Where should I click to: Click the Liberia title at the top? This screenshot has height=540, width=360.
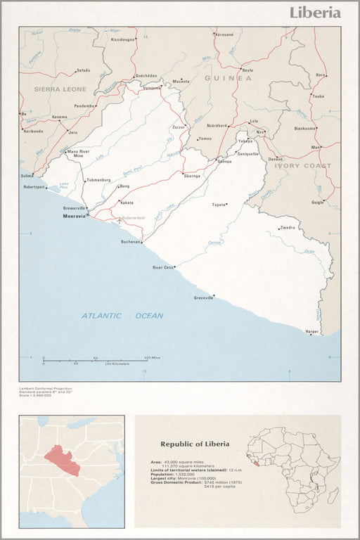point(316,13)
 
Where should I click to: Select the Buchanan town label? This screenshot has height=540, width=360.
point(131,241)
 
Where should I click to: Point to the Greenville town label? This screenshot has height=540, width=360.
point(203,298)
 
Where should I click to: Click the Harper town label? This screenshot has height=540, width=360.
point(311,330)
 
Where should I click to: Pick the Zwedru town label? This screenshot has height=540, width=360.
point(288,228)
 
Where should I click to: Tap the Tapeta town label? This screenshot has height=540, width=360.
point(220,205)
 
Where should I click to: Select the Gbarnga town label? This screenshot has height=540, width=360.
point(192,176)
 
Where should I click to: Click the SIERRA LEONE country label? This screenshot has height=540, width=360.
point(60,89)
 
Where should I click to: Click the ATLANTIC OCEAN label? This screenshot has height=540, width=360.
point(122,316)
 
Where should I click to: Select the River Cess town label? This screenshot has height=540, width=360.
point(163,268)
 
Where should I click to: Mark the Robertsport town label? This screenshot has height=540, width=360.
point(34,188)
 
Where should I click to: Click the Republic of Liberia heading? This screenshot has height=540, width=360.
point(195,444)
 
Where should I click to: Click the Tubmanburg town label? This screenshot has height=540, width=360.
point(98,181)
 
